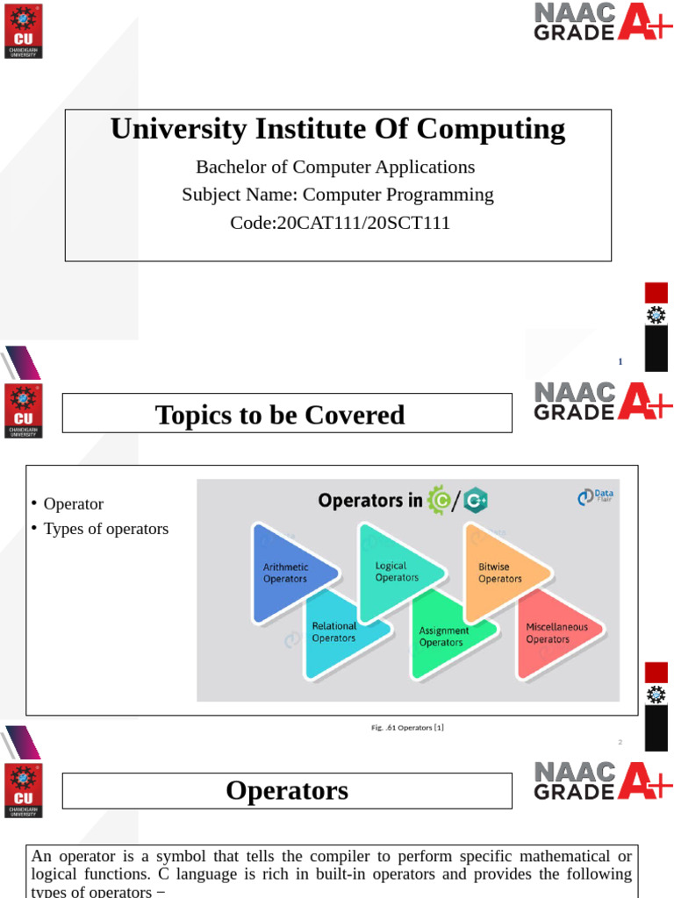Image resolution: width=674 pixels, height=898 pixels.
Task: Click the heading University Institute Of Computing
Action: (x=338, y=129)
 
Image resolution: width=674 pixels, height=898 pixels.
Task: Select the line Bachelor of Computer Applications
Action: (x=335, y=167)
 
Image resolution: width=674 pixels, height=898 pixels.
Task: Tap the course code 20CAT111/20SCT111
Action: (x=340, y=223)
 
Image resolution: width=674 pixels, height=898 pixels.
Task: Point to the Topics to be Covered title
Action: (x=280, y=415)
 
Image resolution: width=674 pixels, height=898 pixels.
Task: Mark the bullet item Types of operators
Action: (x=106, y=529)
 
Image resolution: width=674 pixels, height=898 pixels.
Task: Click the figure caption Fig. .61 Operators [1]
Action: (x=407, y=727)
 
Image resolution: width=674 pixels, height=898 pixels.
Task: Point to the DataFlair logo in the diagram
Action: (x=595, y=497)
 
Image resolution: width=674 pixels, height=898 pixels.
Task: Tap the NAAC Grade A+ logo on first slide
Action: (x=602, y=21)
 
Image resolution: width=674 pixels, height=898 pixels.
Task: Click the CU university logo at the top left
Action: (x=23, y=30)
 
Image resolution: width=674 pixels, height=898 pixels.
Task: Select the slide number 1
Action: (x=620, y=361)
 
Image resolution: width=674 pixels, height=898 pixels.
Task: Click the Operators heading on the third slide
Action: (x=287, y=790)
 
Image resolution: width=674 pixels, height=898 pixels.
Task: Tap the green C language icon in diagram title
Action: (x=438, y=500)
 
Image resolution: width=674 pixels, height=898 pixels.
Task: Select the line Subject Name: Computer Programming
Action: (x=338, y=195)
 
